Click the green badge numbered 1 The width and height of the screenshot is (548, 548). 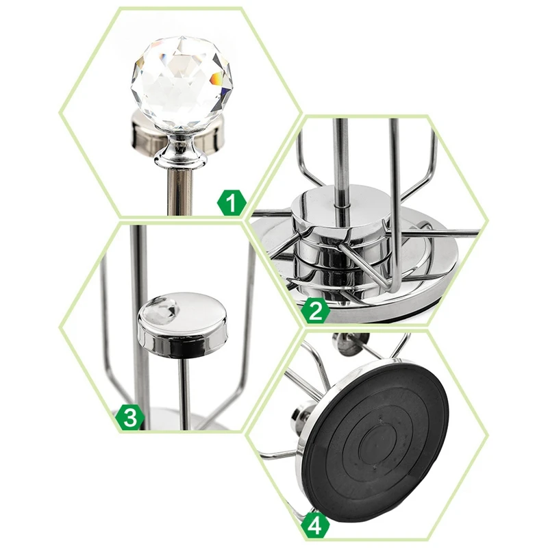(232, 202)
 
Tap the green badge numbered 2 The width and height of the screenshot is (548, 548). (315, 311)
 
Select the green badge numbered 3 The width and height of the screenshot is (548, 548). (130, 417)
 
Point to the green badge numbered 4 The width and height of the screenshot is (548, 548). (315, 525)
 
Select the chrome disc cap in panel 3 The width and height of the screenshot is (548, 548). (182, 324)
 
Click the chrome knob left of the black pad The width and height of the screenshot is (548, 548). (301, 416)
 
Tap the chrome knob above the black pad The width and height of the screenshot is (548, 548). (351, 343)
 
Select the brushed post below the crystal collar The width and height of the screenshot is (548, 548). (180, 192)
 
